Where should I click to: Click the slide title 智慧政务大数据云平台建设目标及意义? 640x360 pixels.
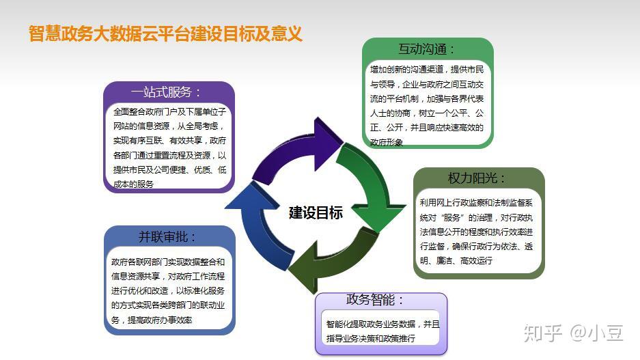[165, 33]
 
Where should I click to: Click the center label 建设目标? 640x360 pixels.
[316, 212]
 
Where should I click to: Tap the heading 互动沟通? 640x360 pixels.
[426, 49]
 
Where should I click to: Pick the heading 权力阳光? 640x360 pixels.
[477, 178]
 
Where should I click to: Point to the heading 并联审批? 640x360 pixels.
[167, 237]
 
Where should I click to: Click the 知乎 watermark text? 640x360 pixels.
[542, 333]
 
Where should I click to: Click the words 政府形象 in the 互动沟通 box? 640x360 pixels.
[386, 142]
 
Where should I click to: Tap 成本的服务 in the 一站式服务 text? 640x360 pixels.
[134, 184]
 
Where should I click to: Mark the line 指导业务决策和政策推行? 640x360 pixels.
[371, 338]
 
